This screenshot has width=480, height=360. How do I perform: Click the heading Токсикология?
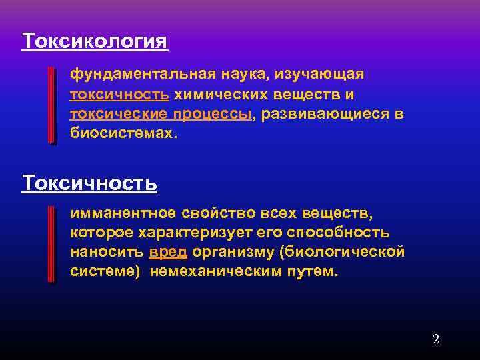click(x=95, y=41)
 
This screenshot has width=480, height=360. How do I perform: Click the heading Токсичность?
click(x=89, y=182)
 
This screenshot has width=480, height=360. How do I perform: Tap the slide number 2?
click(x=436, y=339)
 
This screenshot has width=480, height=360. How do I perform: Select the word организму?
click(x=234, y=253)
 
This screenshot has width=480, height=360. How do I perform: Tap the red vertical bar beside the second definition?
click(x=52, y=244)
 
